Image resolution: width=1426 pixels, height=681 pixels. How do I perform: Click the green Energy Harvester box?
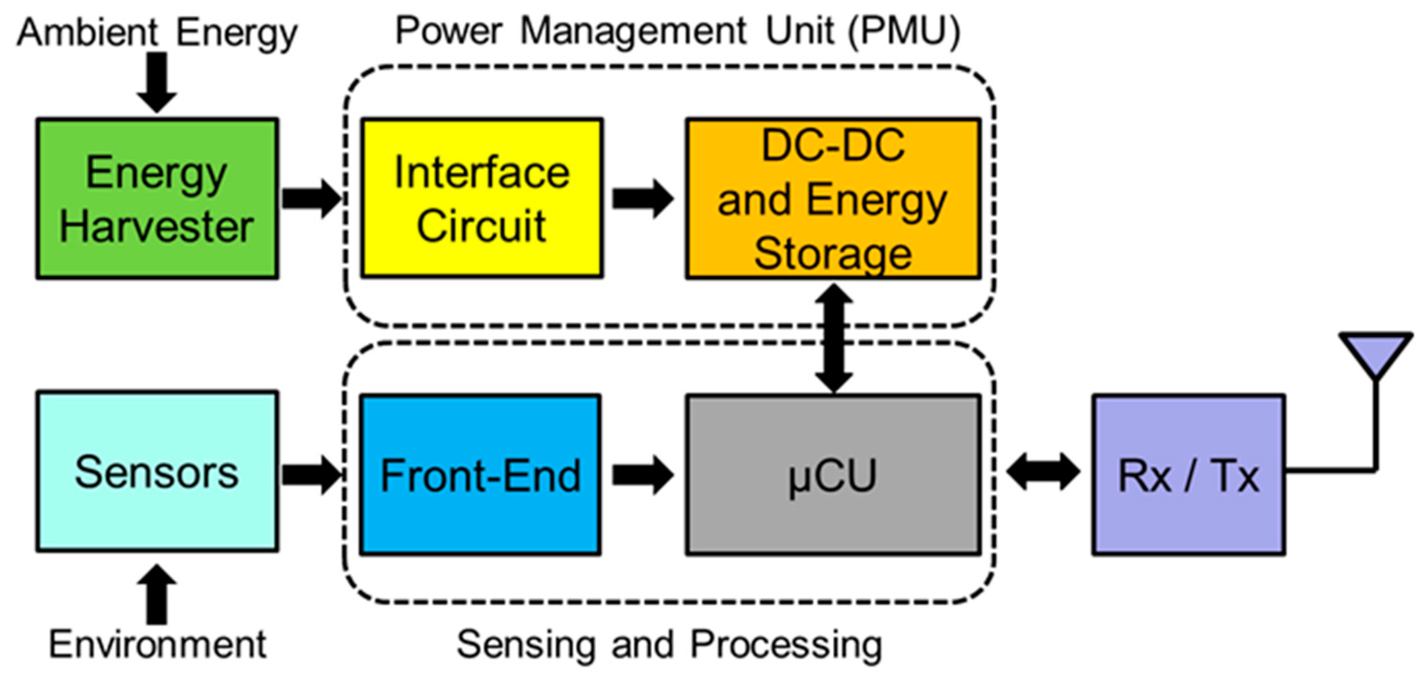point(157,198)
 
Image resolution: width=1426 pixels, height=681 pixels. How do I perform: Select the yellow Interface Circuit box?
point(482,198)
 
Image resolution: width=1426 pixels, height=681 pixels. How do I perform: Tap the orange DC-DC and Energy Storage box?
point(832,198)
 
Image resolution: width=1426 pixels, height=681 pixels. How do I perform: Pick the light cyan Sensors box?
point(157,471)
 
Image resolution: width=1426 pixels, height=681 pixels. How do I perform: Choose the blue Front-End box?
point(480,475)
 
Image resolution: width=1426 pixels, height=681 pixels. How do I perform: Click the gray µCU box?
point(832,475)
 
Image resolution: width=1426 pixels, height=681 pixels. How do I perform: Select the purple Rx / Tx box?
point(1188,475)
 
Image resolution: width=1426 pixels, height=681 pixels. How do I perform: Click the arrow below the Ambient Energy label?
point(157,82)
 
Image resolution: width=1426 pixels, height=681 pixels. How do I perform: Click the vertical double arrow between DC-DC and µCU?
point(833,338)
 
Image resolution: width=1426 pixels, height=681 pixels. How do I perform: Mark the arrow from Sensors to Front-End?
point(311,475)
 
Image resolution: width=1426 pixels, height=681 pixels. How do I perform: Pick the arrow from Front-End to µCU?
point(642,475)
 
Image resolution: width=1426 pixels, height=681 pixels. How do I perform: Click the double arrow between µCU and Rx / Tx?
point(1043,473)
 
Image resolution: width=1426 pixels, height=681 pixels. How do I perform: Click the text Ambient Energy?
point(157,33)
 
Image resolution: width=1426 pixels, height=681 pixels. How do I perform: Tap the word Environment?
point(157,645)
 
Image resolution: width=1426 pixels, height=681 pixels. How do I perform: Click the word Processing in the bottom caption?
point(786,645)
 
